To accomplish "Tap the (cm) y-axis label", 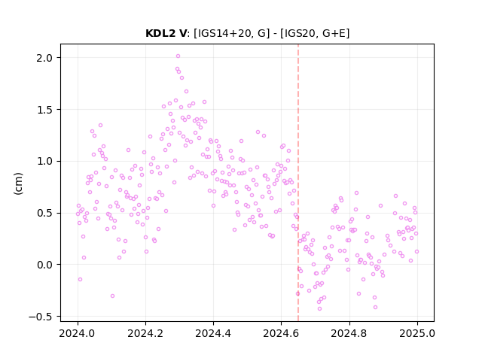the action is (18, 184).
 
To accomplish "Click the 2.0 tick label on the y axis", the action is (44, 58).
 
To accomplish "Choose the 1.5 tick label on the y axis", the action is (44, 110).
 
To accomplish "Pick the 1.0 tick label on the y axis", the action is (44, 161).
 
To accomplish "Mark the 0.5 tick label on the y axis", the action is (44, 213).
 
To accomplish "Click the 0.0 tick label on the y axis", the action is (44, 265).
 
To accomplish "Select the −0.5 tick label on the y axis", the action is (41, 317).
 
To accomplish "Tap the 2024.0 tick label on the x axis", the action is (78, 333).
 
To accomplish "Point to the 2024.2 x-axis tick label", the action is (145, 333).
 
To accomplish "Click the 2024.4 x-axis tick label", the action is (213, 333).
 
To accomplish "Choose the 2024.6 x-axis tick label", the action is (281, 333).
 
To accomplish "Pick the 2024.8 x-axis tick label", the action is (349, 333).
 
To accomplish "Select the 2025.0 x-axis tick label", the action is (417, 333).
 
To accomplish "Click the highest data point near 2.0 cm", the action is (178, 56).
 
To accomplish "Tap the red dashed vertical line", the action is (298, 183).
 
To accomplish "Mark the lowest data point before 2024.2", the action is (112, 296).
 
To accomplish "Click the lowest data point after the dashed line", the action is (319, 308).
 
